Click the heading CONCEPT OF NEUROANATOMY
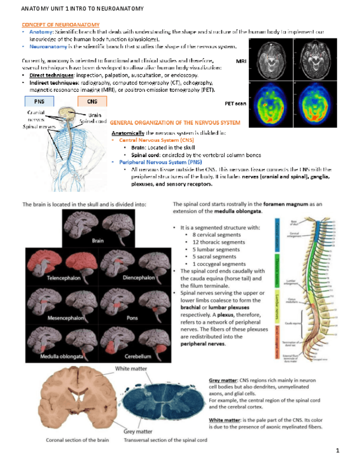[60, 25]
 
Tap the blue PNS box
[39, 101]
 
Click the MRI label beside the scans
[240, 62]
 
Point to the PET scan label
[235, 103]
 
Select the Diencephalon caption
[139, 278]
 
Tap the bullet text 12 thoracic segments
[215, 242]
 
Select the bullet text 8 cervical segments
[213, 235]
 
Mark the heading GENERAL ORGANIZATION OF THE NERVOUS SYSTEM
[175, 122]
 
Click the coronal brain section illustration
[69, 402]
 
